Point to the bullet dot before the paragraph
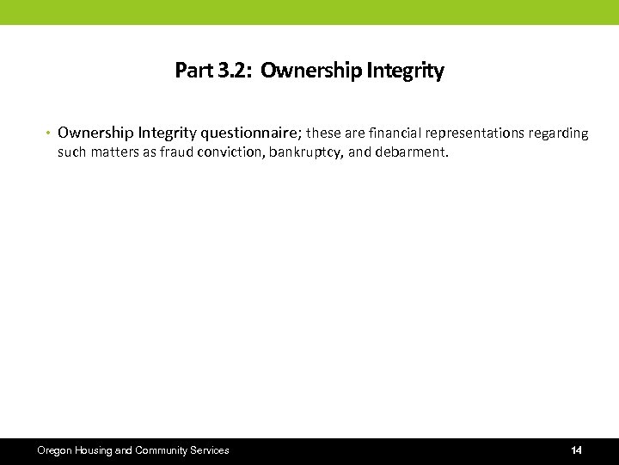49,133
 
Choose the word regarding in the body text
560,133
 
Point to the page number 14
576,450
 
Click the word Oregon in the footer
55,450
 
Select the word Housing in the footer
94,450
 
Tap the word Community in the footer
162,450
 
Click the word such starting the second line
72,152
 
